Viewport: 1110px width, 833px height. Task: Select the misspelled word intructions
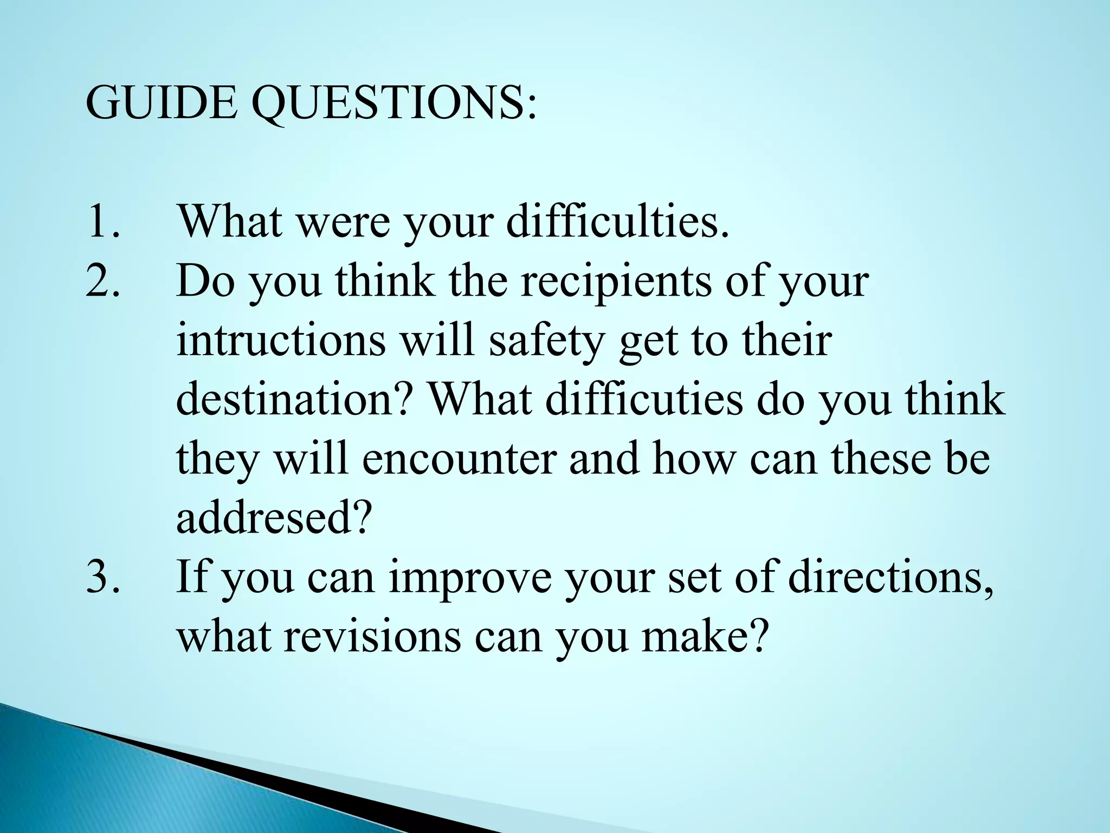point(281,340)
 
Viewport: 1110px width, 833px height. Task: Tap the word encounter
point(459,459)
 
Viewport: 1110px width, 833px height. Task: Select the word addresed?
point(275,518)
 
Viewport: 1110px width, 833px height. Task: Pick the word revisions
point(372,636)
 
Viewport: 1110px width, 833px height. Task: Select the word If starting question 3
point(192,577)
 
